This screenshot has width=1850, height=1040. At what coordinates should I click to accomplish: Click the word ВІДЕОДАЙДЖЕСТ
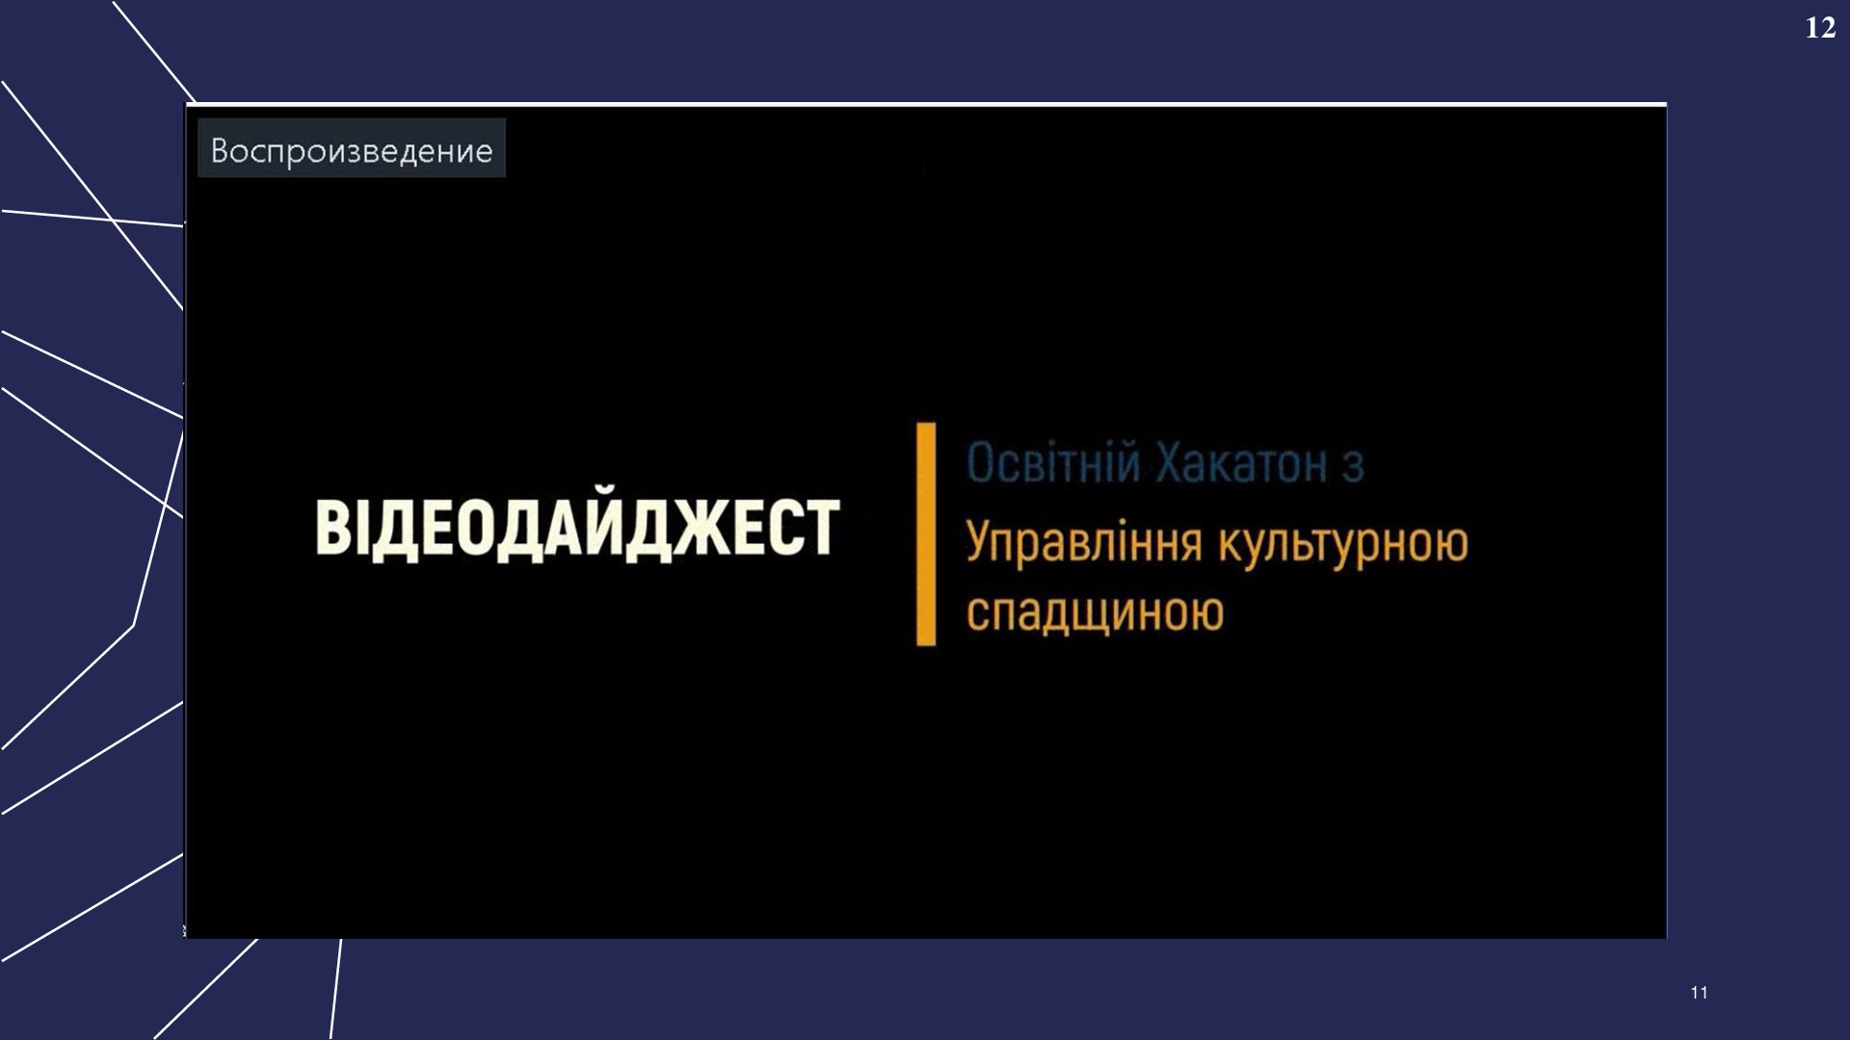(x=577, y=528)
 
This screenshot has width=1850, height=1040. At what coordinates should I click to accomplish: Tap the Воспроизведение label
(x=352, y=150)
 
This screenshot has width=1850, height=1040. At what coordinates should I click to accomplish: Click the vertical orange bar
(x=926, y=533)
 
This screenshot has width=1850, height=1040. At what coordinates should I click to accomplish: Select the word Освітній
(x=1053, y=463)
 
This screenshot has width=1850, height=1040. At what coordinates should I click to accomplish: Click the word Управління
(x=1084, y=542)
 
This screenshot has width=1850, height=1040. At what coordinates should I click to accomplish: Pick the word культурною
(x=1343, y=542)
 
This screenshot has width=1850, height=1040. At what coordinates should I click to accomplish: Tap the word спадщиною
(x=1095, y=612)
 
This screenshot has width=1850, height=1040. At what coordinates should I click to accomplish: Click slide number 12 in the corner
(x=1820, y=28)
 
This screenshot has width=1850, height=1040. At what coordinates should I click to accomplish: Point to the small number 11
(x=1699, y=993)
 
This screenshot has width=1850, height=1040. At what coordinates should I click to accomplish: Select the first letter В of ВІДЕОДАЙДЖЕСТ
(x=332, y=528)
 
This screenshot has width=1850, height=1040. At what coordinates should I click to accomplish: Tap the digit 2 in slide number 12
(x=1828, y=28)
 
